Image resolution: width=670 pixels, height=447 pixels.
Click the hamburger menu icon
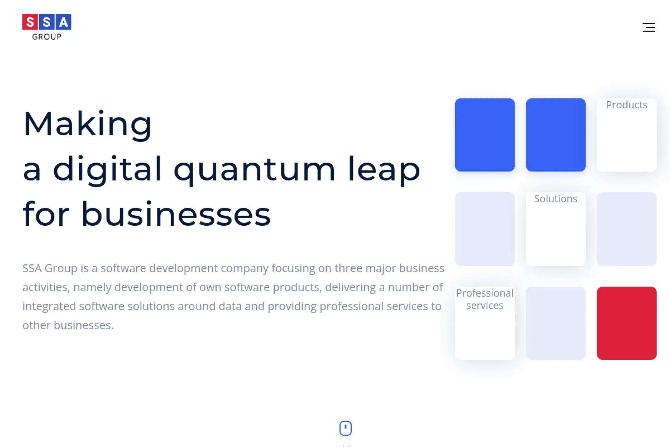pyautogui.click(x=649, y=27)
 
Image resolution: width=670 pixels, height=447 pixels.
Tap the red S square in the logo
pyautogui.click(x=30, y=22)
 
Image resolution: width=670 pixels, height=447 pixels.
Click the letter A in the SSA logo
pyautogui.click(x=63, y=22)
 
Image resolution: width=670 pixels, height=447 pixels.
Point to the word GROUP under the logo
pyautogui.click(x=47, y=37)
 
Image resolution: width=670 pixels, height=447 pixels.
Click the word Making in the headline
pyautogui.click(x=87, y=124)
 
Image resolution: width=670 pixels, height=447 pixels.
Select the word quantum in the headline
pyautogui.click(x=254, y=169)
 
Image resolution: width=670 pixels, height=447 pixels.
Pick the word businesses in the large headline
pyautogui.click(x=176, y=214)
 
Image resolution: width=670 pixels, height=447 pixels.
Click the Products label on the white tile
pyautogui.click(x=626, y=105)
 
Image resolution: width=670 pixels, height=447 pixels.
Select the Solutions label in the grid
pyautogui.click(x=555, y=199)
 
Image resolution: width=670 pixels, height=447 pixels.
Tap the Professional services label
pyautogui.click(x=484, y=299)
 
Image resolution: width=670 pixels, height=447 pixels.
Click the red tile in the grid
pyautogui.click(x=626, y=323)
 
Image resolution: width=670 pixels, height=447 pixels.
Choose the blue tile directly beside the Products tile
pyautogui.click(x=555, y=135)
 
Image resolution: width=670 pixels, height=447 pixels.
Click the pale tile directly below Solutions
pyautogui.click(x=555, y=323)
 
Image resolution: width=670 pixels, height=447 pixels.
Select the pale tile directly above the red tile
pyautogui.click(x=626, y=229)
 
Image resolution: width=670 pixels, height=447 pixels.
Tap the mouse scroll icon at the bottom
pyautogui.click(x=345, y=428)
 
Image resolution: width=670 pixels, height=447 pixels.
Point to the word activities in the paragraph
pyautogui.click(x=46, y=287)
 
